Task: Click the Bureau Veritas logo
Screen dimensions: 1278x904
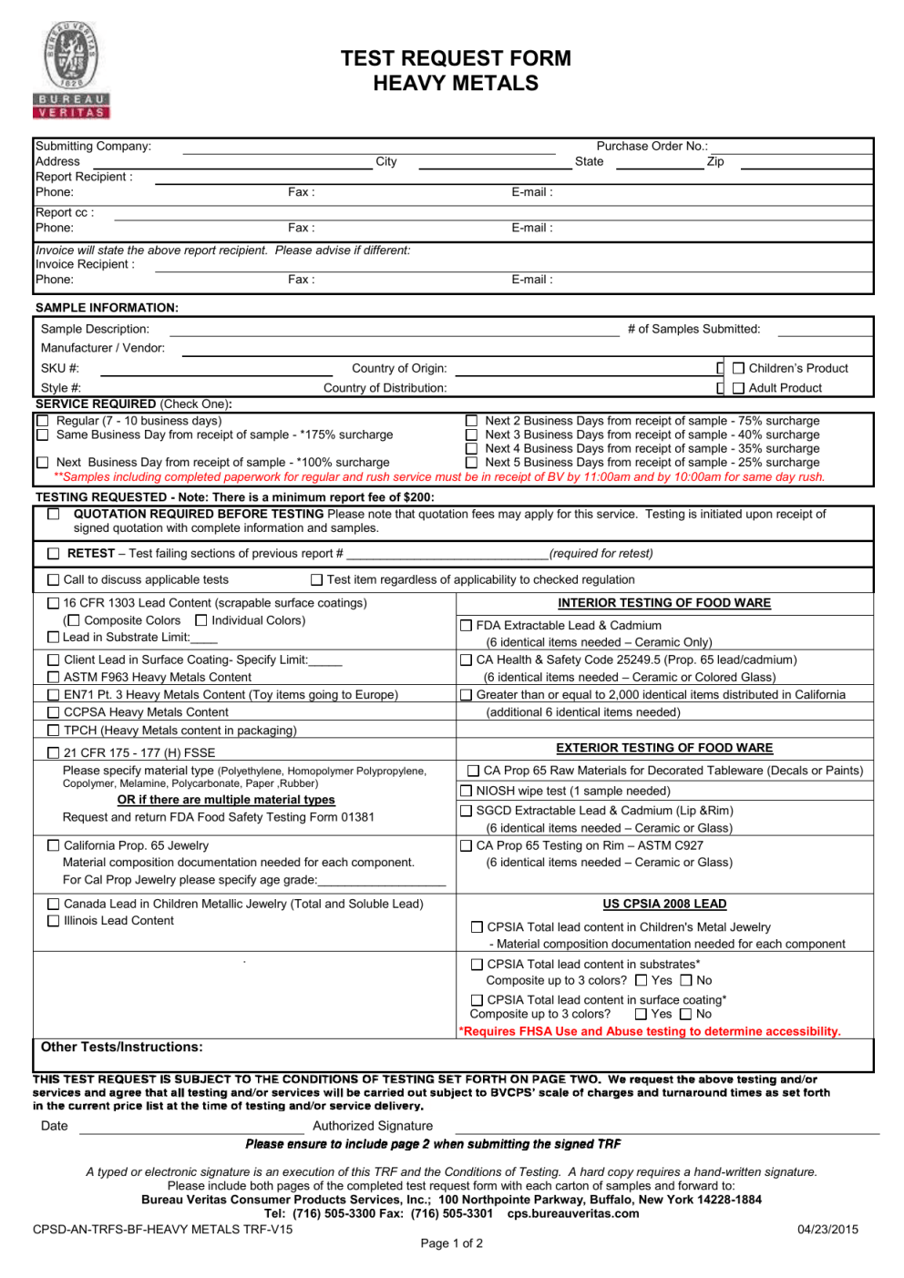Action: click(x=71, y=70)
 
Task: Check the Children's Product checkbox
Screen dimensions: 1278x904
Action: click(x=738, y=368)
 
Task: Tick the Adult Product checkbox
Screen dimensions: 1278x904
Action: click(x=738, y=388)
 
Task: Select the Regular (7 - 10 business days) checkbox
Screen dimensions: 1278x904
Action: click(x=43, y=421)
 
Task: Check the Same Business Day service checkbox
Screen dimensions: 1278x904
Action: click(x=43, y=435)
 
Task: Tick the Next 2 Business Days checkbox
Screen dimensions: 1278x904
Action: click(x=471, y=421)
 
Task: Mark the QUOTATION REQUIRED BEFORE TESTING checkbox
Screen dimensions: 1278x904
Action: click(x=54, y=515)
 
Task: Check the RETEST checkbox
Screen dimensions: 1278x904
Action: click(x=54, y=553)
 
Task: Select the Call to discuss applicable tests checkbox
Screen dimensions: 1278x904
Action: click(x=53, y=579)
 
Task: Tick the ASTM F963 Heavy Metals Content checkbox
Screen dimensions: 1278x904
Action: click(x=53, y=677)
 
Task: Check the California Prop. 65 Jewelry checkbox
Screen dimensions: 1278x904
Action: click(x=53, y=845)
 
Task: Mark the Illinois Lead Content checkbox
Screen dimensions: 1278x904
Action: click(x=53, y=921)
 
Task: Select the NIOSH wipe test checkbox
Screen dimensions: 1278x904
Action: click(x=467, y=791)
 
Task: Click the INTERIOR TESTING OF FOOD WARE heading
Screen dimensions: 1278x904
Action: click(x=664, y=603)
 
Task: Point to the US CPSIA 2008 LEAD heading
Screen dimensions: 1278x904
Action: click(x=664, y=904)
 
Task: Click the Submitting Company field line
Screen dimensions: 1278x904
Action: click(x=368, y=150)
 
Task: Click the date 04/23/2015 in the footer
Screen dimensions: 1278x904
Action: click(x=827, y=1229)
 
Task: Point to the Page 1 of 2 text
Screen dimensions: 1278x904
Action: click(x=452, y=1243)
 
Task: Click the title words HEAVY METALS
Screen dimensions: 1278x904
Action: click(x=456, y=84)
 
